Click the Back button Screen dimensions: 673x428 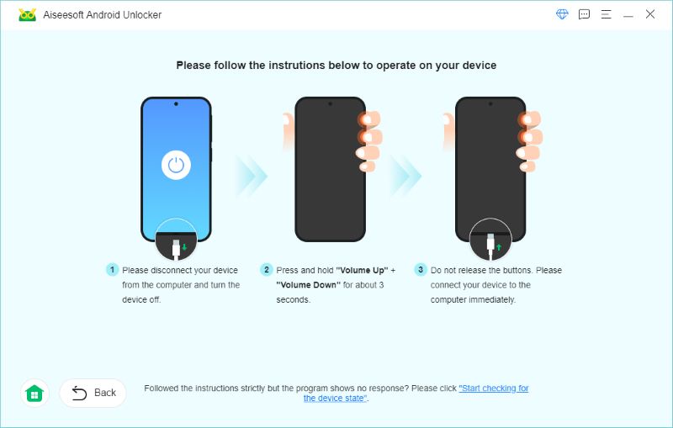coord(93,393)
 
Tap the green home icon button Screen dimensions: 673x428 coord(34,393)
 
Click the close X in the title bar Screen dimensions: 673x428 coord(649,14)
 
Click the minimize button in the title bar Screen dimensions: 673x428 coord(628,16)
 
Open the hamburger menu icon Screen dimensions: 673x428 coord(606,14)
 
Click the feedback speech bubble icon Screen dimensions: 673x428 coord(584,14)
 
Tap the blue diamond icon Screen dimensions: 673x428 coord(562,14)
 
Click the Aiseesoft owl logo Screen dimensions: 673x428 coord(28,14)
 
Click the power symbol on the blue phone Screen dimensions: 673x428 coord(176,165)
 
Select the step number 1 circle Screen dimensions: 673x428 coord(112,270)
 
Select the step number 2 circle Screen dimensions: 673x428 coord(266,270)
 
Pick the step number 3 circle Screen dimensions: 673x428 coord(421,270)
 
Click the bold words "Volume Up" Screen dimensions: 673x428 coord(362,270)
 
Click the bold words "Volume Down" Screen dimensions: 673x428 coord(308,285)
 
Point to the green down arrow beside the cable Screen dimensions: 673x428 coord(184,247)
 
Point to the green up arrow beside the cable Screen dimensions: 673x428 coord(499,247)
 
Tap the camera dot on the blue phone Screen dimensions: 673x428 coord(176,103)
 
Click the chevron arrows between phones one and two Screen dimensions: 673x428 coord(251,176)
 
